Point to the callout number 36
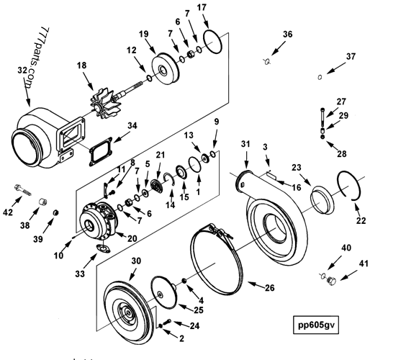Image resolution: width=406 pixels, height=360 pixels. (x=288, y=35)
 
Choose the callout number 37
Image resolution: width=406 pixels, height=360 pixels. (x=351, y=56)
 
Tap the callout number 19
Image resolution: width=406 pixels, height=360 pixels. (x=143, y=35)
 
